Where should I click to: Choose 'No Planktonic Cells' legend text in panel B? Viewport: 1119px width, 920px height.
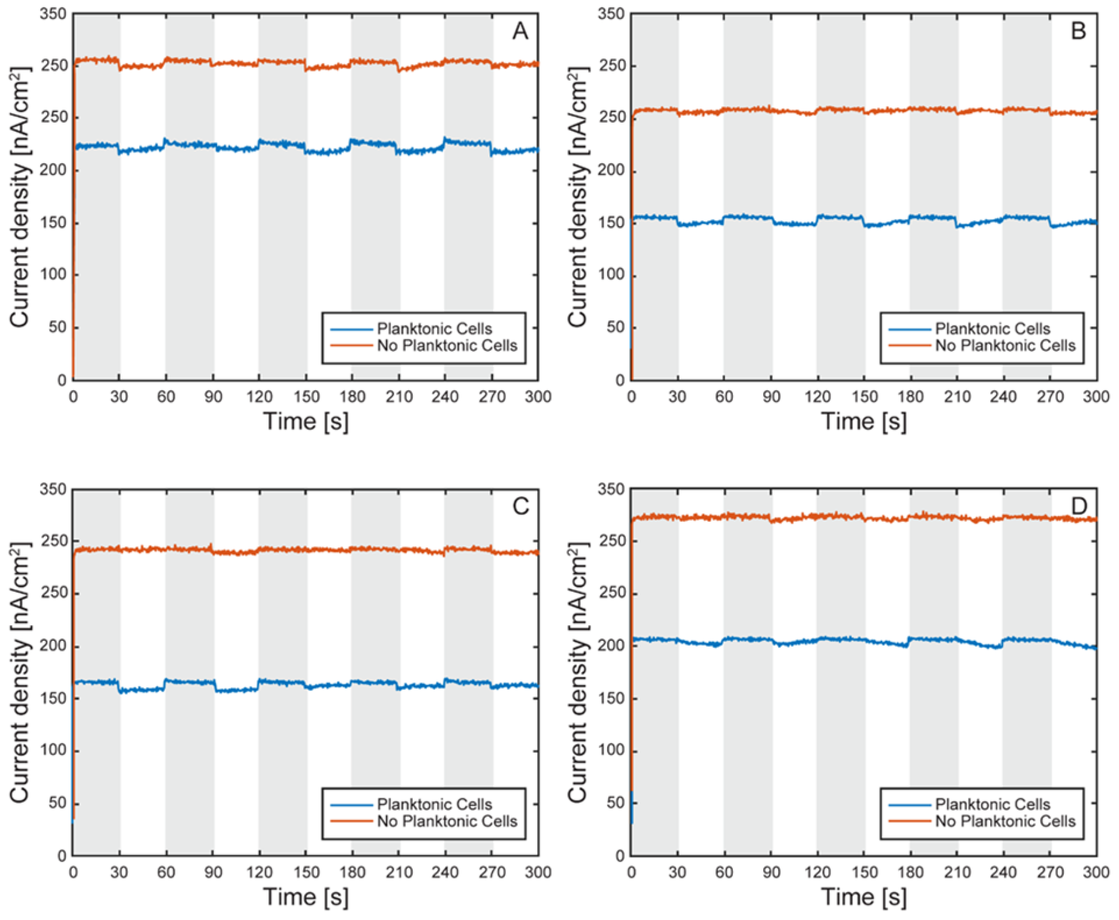coord(1005,346)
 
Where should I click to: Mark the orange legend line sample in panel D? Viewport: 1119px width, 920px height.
coord(910,821)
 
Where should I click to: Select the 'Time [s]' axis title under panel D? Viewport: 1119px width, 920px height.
coord(864,897)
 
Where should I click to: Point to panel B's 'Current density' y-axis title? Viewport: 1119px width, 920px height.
coord(578,197)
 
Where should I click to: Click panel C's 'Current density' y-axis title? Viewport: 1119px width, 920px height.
coord(20,672)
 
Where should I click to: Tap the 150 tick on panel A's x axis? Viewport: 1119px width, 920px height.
coord(306,397)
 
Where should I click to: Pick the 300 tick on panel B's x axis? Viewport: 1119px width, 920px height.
coord(1096,397)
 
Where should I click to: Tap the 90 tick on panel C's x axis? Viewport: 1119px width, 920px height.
coord(213,872)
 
